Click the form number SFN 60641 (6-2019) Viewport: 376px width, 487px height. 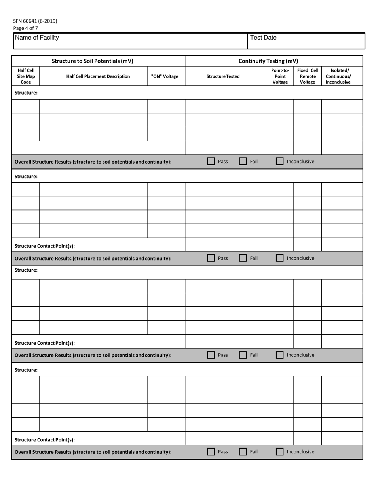click(x=35, y=21)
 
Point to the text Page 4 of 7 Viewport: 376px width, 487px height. click(x=26, y=28)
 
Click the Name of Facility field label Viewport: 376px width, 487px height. click(x=37, y=38)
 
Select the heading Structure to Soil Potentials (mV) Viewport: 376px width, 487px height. click(x=93, y=61)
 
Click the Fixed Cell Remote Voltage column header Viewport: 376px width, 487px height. click(x=308, y=76)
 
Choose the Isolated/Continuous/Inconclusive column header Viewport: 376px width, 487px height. click(x=338, y=76)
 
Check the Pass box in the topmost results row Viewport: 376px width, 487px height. click(x=211, y=161)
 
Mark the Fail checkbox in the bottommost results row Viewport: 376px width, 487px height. click(x=243, y=451)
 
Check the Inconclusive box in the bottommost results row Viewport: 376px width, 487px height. click(x=280, y=451)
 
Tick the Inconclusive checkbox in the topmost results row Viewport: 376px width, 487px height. click(x=280, y=161)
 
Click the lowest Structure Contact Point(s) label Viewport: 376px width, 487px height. click(x=45, y=439)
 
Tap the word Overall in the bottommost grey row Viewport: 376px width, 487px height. click(x=25, y=452)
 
